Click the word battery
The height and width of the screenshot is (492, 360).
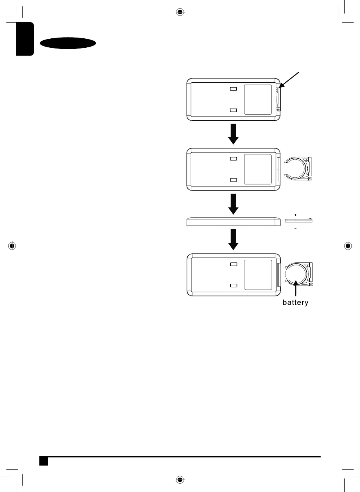295,303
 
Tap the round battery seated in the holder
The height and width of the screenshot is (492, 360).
296,274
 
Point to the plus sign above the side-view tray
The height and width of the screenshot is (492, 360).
296,215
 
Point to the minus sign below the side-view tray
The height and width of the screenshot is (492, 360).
296,228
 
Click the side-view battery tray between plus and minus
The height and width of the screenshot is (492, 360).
298,220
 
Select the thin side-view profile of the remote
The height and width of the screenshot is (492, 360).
234,222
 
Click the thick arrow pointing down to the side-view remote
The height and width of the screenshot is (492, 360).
234,204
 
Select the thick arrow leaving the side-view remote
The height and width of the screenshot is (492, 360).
234,239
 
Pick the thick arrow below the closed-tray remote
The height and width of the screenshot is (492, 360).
234,133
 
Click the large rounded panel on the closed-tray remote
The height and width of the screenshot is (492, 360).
258,100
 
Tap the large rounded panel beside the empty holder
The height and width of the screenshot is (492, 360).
258,169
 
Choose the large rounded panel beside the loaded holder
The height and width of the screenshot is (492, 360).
258,275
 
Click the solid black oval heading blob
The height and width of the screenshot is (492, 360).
68,43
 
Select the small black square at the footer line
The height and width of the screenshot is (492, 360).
44,461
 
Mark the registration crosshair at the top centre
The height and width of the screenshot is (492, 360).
180,12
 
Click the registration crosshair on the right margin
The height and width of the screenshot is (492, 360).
348,246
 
